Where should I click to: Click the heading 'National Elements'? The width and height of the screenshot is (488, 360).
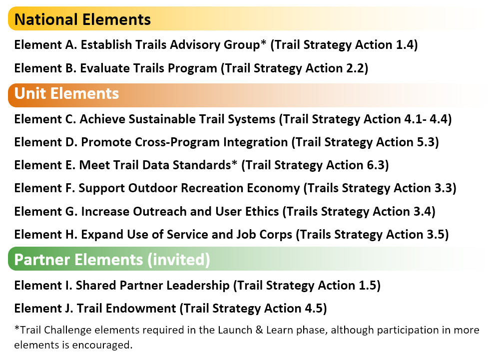[x=82, y=19]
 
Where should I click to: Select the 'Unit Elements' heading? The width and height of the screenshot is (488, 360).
[x=66, y=93]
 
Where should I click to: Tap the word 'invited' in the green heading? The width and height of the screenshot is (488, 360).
[x=179, y=260]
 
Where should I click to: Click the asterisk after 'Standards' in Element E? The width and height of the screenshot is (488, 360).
[x=234, y=162]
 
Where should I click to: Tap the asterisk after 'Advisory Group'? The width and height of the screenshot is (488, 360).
[x=263, y=42]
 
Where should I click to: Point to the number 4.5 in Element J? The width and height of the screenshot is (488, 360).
[x=314, y=309]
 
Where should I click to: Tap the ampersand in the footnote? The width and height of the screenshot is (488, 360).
[x=259, y=330]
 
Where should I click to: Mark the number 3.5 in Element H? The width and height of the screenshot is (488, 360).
[x=436, y=235]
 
